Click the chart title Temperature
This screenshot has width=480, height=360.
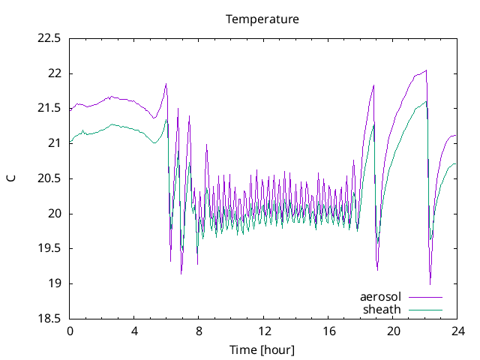point(262,19)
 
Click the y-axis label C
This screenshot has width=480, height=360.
point(10,178)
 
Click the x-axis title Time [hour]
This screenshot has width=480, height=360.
point(262,349)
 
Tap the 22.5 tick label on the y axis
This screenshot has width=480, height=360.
point(49,39)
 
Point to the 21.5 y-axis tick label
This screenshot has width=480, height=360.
point(49,109)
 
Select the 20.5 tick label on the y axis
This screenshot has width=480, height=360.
point(49,178)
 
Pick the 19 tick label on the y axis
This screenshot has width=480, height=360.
point(55,283)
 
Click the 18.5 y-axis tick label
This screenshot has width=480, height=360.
point(49,319)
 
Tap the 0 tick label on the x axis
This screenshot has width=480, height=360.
point(70,331)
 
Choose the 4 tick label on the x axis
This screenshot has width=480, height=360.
point(134,331)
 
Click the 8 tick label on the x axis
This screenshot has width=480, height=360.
point(199,331)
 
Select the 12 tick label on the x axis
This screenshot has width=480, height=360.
point(263,331)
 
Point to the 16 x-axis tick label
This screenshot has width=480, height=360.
point(328,331)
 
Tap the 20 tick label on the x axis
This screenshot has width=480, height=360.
point(392,331)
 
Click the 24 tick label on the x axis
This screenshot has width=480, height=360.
point(457,331)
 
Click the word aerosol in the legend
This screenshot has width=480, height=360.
point(381,297)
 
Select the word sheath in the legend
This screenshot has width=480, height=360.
point(382,309)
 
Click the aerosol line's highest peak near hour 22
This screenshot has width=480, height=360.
point(426,70)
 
